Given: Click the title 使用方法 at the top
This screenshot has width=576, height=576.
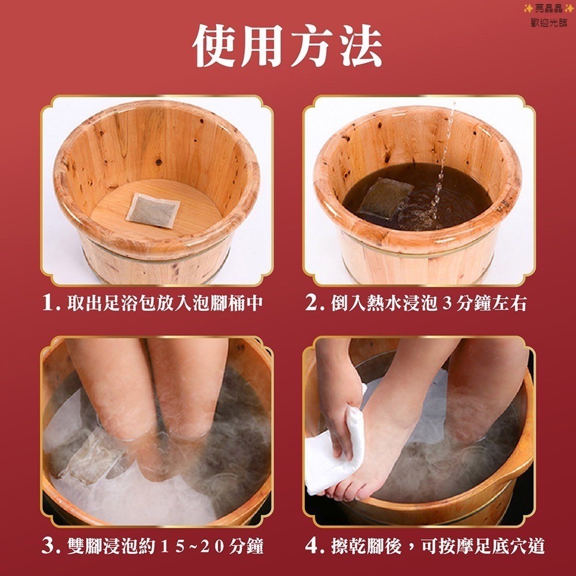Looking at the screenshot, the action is click(x=287, y=47).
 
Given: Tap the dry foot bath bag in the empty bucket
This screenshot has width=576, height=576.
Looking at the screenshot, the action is click(x=153, y=210).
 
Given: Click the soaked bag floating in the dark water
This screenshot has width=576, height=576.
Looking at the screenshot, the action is click(x=385, y=198).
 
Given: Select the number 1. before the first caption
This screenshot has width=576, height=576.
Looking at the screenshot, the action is click(x=51, y=303).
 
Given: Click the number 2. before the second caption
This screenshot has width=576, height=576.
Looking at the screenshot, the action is click(x=314, y=303).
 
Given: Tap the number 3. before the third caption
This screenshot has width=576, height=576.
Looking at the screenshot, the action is click(x=51, y=546).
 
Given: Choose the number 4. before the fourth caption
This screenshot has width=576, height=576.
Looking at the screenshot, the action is click(x=314, y=546).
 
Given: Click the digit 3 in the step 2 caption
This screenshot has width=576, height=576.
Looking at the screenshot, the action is click(x=447, y=304).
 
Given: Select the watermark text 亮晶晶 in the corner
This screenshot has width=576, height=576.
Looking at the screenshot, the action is click(x=549, y=8).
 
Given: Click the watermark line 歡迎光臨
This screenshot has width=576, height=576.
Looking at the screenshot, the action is click(x=549, y=22).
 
